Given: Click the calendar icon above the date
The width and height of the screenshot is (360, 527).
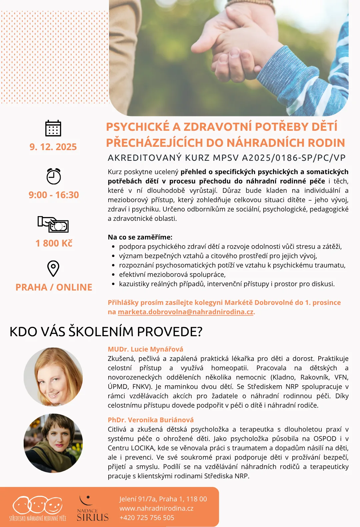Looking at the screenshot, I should click(x=53, y=128).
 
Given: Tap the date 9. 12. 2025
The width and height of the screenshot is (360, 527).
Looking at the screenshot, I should click(x=53, y=147).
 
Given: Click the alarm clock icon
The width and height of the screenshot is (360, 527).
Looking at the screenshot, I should click(x=53, y=176).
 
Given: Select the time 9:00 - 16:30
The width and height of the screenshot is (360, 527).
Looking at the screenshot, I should click(x=54, y=195).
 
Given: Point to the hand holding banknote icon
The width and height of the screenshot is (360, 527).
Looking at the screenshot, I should click(x=53, y=224).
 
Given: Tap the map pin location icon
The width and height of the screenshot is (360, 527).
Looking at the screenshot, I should click(x=53, y=269).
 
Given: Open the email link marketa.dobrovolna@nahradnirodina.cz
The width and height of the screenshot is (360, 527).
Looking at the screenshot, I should click(x=186, y=312).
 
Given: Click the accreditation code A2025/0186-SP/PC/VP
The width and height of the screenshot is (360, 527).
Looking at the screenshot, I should click(x=294, y=158).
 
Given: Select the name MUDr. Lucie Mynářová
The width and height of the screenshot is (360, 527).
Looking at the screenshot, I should click(x=145, y=349).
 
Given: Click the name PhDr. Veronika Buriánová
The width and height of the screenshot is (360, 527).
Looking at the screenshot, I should click(x=151, y=420).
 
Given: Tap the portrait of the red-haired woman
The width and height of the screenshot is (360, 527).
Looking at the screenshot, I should click(x=53, y=377).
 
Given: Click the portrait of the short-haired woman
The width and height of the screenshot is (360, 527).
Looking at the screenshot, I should click(x=53, y=443).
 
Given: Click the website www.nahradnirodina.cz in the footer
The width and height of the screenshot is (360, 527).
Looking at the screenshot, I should click(x=156, y=508).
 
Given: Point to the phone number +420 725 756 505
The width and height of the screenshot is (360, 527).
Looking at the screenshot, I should click(x=147, y=518).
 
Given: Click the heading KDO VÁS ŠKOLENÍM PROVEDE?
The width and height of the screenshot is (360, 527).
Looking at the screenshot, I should click(x=106, y=332).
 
